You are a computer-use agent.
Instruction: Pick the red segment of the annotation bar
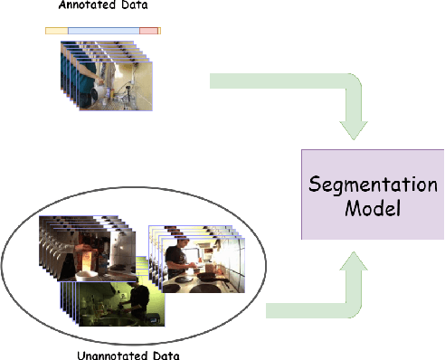[148, 31]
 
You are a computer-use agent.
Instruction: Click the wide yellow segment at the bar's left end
[56, 31]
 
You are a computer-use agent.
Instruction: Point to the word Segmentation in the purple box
[373, 184]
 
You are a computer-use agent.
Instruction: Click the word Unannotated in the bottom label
[91, 354]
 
